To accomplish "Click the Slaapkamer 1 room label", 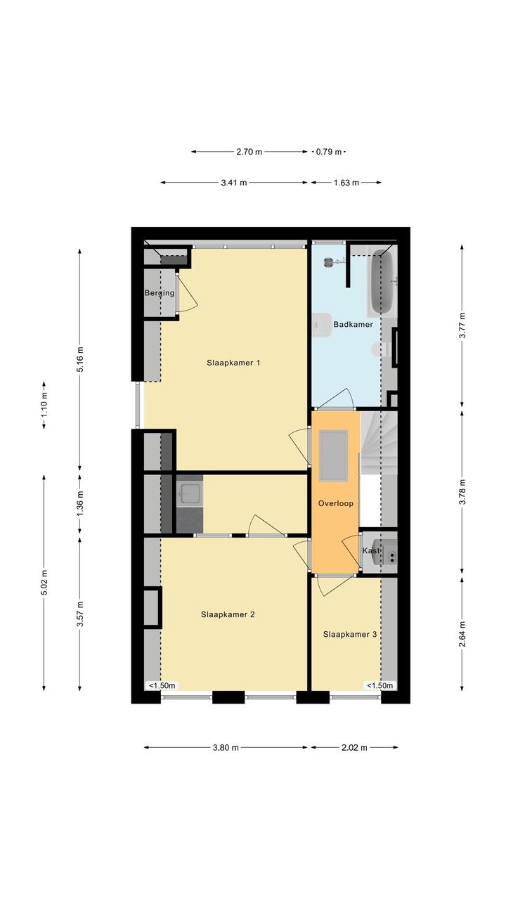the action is point(233,363).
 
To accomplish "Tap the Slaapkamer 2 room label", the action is point(228,614).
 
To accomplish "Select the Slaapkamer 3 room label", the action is point(349,634).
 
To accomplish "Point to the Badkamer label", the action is point(353,324).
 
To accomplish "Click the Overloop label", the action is point(335,503).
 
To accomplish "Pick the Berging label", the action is point(160,293).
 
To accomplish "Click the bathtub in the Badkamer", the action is point(382,282).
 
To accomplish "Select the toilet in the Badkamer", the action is point(379,349).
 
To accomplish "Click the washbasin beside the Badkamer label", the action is point(321,325).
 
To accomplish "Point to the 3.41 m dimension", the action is point(234,183).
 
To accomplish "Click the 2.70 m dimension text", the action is point(249,152).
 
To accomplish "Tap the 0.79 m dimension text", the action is point(329,152).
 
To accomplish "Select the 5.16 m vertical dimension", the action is point(80,358).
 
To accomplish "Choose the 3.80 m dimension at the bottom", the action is point(226,747).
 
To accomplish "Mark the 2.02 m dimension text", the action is point(354,747).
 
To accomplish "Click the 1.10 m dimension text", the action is point(44,405).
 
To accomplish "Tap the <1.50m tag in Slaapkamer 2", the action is point(162,685).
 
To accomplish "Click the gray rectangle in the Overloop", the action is point(333,455).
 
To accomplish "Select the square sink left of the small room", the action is point(189,493).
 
